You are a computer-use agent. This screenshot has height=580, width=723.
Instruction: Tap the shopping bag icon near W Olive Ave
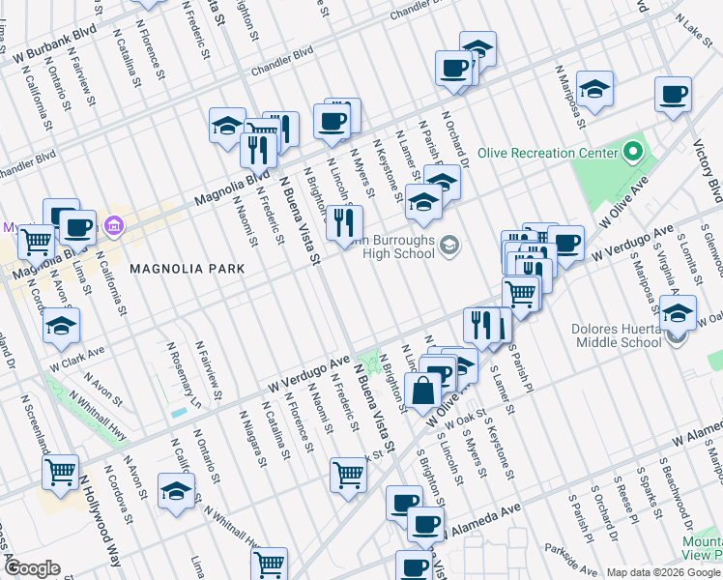(x=423, y=391)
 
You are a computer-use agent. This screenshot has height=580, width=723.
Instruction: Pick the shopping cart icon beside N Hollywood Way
(x=60, y=472)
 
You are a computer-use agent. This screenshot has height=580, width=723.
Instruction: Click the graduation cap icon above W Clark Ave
(x=61, y=327)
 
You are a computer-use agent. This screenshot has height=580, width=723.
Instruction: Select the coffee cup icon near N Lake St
(x=672, y=95)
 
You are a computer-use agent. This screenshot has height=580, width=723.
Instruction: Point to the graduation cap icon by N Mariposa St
(x=594, y=89)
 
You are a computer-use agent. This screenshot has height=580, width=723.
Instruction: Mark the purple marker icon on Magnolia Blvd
(x=115, y=226)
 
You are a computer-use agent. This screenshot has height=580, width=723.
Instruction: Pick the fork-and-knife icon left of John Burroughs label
(x=343, y=222)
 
